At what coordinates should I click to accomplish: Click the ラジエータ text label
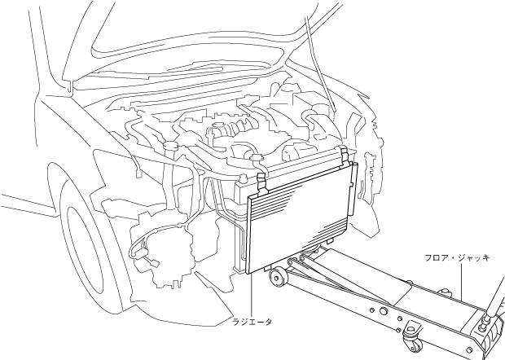[252, 322]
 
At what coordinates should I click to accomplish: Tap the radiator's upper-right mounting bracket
[345, 152]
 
